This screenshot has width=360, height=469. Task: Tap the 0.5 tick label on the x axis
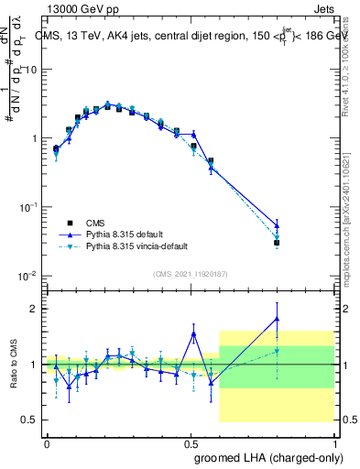pos(191,442)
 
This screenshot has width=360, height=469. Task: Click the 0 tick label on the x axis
pos(47,442)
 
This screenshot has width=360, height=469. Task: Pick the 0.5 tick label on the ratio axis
pos(28,420)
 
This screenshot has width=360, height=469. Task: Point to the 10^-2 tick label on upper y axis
pos(27,276)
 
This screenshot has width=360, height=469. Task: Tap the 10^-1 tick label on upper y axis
pos(27,207)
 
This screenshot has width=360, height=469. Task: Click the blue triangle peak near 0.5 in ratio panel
pos(193,333)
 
